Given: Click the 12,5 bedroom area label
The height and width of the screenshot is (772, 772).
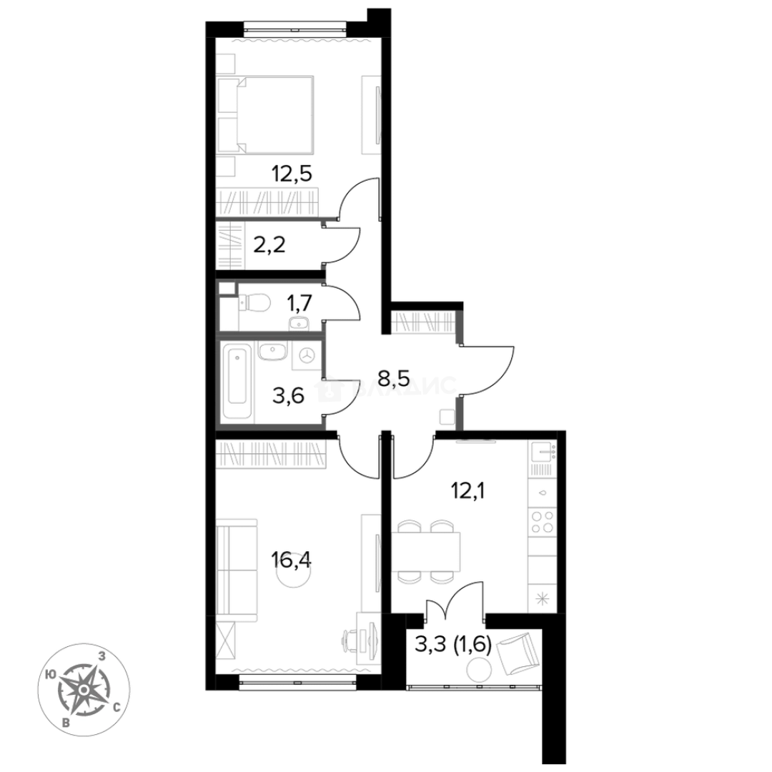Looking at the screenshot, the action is tap(292, 174).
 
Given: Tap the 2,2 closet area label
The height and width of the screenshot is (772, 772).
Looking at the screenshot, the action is tap(269, 244).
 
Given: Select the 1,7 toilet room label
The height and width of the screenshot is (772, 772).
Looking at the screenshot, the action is tap(300, 303).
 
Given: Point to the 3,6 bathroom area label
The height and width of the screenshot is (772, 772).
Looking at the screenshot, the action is tap(289, 395).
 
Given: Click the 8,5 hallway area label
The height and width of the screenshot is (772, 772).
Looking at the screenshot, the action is tap(394, 378).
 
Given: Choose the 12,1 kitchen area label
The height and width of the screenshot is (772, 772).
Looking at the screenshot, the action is tap(467, 491).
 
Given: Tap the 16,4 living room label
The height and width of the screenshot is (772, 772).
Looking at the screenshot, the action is tap(291, 560).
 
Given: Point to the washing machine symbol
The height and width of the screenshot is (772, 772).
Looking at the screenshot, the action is tap(307, 355).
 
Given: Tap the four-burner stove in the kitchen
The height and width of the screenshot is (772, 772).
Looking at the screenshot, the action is tap(542, 523).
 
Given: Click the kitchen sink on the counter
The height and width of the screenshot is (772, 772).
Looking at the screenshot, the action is tap(543, 452).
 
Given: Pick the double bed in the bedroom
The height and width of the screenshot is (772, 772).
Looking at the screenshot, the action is tap(265, 114).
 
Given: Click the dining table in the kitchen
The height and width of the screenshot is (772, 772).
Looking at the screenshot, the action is tap(426, 552).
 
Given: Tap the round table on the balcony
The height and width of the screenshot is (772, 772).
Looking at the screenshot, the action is tap(479, 670).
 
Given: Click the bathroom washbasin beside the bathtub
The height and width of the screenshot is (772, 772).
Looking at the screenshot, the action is tap(272, 352).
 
